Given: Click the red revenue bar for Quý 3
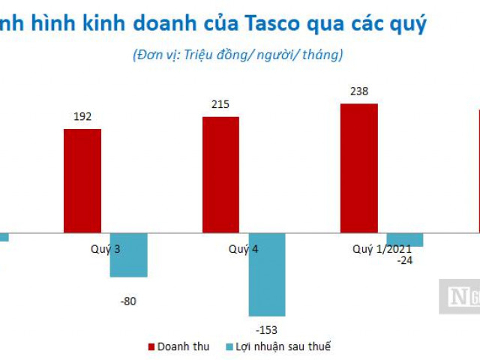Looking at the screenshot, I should click(82, 181).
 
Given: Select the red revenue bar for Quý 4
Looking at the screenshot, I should click(220, 175).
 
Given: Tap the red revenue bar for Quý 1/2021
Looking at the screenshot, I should click(359, 168).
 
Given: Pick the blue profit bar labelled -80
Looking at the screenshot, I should click(128, 255).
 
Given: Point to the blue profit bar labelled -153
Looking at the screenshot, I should click(267, 274).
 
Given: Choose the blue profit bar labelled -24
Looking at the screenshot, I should click(405, 239).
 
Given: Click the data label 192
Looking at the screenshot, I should click(82, 117).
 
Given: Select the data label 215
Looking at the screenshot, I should click(220, 104).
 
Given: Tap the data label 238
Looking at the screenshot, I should click(359, 91).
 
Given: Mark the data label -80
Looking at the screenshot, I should click(128, 301).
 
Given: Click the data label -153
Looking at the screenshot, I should click(267, 328).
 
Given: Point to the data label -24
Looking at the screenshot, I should click(405, 259).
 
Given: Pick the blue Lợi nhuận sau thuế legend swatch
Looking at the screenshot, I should click(229, 346).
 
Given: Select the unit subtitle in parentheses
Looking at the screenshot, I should click(238, 54).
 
